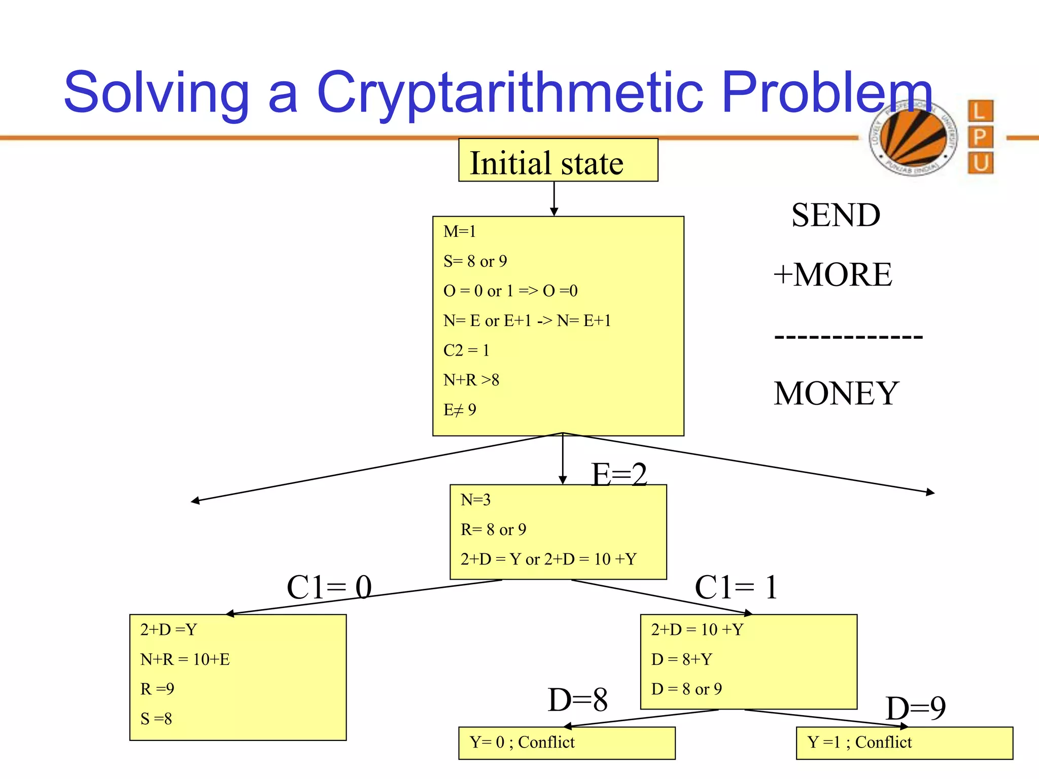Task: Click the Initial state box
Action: tap(558, 161)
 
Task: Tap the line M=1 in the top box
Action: tap(460, 232)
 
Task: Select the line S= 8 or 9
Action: tap(475, 261)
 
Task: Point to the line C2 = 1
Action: tap(466, 350)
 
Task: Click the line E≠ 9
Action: tap(460, 410)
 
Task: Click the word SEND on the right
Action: tap(836, 215)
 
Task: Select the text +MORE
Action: tap(833, 275)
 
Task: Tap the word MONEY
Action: tap(836, 394)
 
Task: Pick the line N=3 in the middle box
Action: tap(475, 500)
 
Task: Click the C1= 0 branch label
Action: tap(329, 588)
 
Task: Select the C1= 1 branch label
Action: tap(736, 588)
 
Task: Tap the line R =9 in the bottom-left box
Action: tap(157, 689)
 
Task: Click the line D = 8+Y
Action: tap(682, 659)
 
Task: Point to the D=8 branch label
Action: tap(577, 700)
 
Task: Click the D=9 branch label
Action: tap(915, 708)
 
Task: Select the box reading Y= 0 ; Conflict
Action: tap(566, 743)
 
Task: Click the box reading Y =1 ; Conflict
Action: tap(904, 743)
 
